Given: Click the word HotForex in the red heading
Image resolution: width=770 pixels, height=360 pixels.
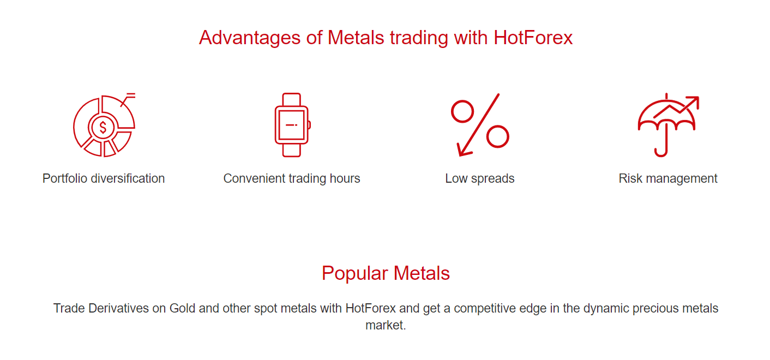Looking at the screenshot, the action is pyautogui.click(x=533, y=38).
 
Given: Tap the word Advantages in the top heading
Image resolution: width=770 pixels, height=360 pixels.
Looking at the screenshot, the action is pyautogui.click(x=250, y=38).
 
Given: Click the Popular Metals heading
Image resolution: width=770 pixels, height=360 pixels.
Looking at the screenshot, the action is pyautogui.click(x=386, y=273).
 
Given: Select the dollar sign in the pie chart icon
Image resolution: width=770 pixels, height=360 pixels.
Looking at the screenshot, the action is pyautogui.click(x=103, y=128).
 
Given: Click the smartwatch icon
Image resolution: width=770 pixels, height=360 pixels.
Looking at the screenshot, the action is pyautogui.click(x=292, y=125).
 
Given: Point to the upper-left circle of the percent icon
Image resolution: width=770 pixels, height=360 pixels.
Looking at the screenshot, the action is pyautogui.click(x=462, y=111).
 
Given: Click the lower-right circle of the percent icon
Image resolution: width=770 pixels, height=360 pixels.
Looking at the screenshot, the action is pyautogui.click(x=497, y=136).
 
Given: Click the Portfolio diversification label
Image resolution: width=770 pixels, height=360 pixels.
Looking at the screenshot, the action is pyautogui.click(x=104, y=178).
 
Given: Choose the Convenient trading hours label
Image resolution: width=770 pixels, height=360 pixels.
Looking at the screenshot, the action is pyautogui.click(x=292, y=178).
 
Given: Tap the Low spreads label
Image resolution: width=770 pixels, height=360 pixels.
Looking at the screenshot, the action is pyautogui.click(x=479, y=178).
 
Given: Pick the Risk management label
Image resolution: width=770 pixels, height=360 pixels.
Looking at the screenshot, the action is pyautogui.click(x=668, y=178).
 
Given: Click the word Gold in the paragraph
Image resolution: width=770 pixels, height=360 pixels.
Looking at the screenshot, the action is pyautogui.click(x=182, y=308).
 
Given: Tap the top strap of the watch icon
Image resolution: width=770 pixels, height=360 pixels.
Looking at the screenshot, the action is pyautogui.click(x=292, y=99).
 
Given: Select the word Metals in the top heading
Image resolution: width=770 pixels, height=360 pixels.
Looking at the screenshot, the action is pyautogui.click(x=356, y=38).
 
